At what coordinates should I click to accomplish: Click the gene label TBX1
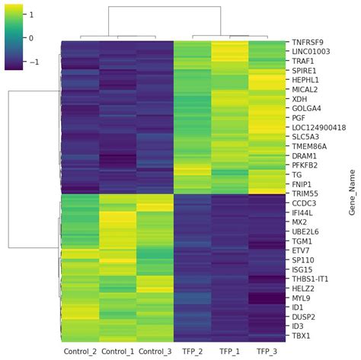coord(300,336)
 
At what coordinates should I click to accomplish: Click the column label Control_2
coord(79,351)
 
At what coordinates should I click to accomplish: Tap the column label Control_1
coord(117,351)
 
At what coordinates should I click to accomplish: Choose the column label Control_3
coord(155,351)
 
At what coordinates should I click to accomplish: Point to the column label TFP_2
coord(192,351)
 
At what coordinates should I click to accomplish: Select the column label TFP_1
coord(229,351)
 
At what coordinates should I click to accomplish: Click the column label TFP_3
coord(267,351)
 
